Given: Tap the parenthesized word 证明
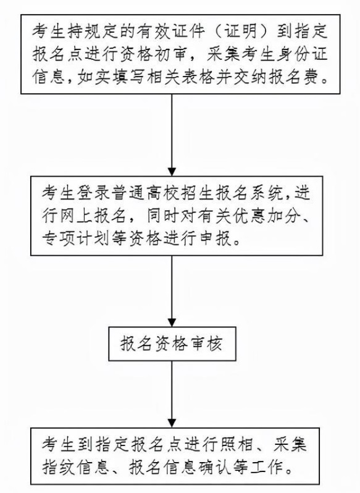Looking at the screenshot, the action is click(241, 32).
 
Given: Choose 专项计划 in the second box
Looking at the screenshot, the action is click(75, 240).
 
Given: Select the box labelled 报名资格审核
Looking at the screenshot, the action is click(172, 343).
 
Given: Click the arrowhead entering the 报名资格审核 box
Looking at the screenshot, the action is click(172, 322).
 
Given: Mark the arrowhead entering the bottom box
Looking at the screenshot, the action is click(172, 423).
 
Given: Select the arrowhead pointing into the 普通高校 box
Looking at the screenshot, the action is click(172, 172).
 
